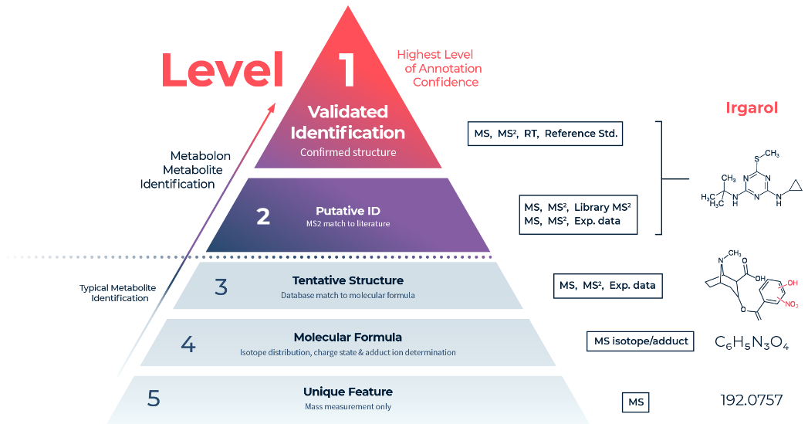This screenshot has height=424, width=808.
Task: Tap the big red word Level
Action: [x=222, y=70]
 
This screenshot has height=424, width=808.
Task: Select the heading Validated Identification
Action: [x=347, y=122]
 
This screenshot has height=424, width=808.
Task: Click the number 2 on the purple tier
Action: [x=263, y=216]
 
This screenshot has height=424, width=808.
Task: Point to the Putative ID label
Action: [x=347, y=210]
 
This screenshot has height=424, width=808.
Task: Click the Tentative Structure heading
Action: [x=347, y=280]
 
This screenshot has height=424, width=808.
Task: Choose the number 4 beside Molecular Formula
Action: [x=188, y=344]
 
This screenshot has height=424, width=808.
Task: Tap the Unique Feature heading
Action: [x=347, y=392]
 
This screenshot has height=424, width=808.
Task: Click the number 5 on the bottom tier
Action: [x=154, y=399]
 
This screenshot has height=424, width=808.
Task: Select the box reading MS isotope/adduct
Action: [x=641, y=341]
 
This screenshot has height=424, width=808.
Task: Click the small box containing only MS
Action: [x=636, y=402]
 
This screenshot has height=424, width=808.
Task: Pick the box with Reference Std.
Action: [x=545, y=134]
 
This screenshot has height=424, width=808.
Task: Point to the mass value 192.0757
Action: [x=751, y=400]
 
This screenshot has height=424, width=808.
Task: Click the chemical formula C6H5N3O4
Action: [x=751, y=342]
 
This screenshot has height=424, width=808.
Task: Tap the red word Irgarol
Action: [x=751, y=107]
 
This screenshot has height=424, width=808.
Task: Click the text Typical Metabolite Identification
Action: [x=117, y=293]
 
